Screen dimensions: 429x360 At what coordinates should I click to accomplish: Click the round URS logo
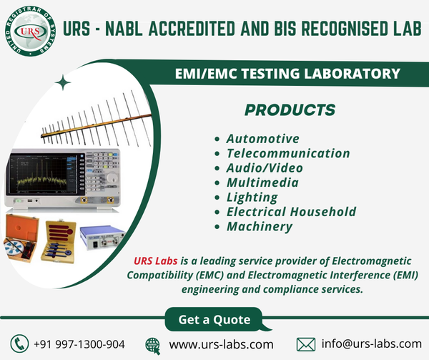click(30, 31)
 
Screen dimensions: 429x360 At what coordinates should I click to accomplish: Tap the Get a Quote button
click(214, 319)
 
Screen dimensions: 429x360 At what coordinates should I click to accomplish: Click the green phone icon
click(19, 344)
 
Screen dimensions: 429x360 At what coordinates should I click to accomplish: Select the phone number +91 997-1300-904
click(79, 344)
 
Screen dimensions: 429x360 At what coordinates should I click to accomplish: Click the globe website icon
click(153, 346)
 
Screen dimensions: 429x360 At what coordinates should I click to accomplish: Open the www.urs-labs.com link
click(222, 344)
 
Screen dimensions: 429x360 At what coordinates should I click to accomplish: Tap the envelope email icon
click(306, 344)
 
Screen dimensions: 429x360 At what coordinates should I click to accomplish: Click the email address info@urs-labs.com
click(372, 344)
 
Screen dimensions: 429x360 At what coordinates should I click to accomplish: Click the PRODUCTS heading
click(290, 110)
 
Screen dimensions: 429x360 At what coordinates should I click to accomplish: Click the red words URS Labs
click(156, 261)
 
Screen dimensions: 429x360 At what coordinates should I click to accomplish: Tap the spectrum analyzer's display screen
click(39, 174)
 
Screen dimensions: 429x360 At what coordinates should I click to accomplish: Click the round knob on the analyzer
click(112, 178)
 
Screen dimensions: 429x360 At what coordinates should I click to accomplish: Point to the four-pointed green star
click(63, 82)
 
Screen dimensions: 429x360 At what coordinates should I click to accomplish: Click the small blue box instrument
click(102, 237)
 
